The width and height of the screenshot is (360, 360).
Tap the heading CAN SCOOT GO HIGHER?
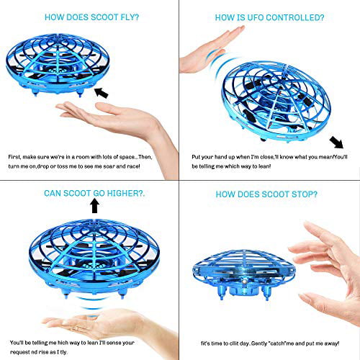tap(91, 192)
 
